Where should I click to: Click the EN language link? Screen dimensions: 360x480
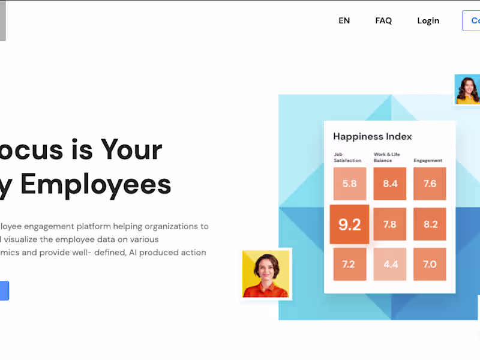[x=344, y=20]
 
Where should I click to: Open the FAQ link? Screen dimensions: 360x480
[x=383, y=20]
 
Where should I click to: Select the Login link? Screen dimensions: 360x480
[x=428, y=20]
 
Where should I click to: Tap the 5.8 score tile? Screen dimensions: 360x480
[x=349, y=184]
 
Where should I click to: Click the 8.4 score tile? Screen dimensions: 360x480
[x=390, y=184]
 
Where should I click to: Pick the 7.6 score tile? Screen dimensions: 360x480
[x=430, y=184]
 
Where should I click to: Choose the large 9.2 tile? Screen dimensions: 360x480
[x=349, y=224]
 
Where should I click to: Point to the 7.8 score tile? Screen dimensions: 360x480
[x=390, y=224]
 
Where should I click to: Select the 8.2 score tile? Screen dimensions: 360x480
[x=430, y=224]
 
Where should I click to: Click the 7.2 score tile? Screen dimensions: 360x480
[x=349, y=264]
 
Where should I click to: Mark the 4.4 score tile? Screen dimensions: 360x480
[x=390, y=264]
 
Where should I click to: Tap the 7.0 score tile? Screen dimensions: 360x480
[x=430, y=264]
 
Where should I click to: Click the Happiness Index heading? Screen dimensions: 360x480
[x=373, y=137]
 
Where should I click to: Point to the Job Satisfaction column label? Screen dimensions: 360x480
[x=347, y=158]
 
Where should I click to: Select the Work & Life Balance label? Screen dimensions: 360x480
[x=386, y=158]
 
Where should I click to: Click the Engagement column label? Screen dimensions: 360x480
[x=428, y=161]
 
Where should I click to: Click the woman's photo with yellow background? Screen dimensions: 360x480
[x=266, y=274]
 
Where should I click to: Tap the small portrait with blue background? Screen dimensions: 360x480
[x=467, y=89]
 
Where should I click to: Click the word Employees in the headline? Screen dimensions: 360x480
[x=95, y=184]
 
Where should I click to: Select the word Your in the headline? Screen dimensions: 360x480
[x=131, y=149]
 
